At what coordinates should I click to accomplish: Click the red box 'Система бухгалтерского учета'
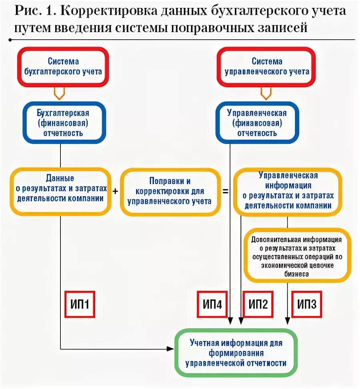pos(63,66)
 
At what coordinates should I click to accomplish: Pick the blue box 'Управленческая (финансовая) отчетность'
pos(257,122)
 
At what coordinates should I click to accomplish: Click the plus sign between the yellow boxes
pos(115,191)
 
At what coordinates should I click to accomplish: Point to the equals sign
pos(226,191)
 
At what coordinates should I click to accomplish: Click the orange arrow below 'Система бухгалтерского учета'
pos(59,93)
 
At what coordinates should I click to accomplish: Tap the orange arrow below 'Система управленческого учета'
pos(266,93)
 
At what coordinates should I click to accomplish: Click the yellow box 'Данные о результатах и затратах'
pos(60,191)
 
